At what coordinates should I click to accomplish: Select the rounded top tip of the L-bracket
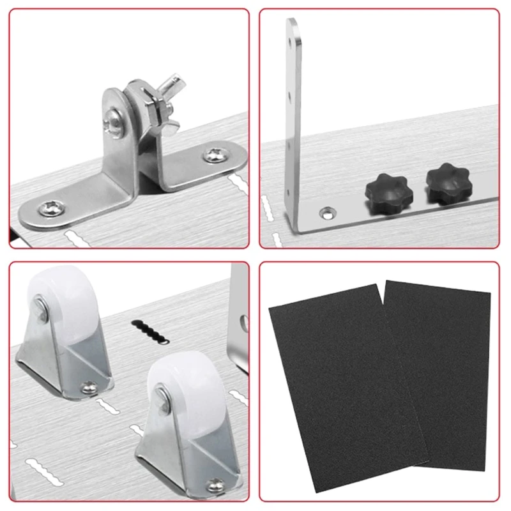pos(292,22)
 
